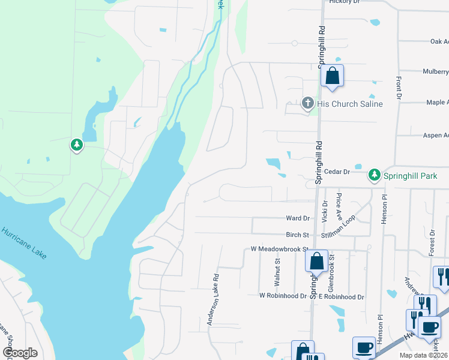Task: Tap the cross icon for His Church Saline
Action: click(308, 103)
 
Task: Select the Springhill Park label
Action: click(413, 175)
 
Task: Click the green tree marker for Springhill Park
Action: click(375, 175)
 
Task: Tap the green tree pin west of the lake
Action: click(77, 145)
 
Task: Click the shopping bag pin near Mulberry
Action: click(331, 77)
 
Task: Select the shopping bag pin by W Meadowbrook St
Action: click(316, 262)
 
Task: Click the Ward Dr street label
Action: click(298, 218)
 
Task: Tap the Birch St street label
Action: click(298, 235)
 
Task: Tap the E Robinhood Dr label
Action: click(341, 296)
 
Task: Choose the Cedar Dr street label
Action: click(337, 172)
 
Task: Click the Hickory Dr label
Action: click(344, 2)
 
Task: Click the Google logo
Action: click(20, 353)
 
